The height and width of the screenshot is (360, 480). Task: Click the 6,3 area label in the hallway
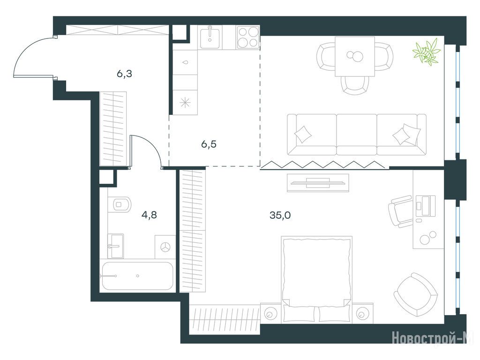(x=124, y=74)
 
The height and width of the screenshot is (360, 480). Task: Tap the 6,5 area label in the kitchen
(x=209, y=144)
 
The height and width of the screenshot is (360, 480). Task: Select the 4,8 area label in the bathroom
(x=149, y=215)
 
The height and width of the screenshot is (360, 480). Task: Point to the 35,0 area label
(x=280, y=216)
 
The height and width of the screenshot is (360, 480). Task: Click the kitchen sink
(x=210, y=37)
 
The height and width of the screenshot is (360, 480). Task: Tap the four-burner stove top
(x=248, y=37)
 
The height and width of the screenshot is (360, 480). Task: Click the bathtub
(x=137, y=276)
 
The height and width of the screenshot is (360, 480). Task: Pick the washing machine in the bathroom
(x=165, y=247)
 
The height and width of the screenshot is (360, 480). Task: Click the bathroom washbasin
(x=115, y=246)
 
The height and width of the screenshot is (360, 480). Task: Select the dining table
(x=355, y=56)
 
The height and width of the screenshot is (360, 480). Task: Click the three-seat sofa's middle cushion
(x=357, y=135)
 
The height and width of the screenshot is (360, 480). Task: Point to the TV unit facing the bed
(x=318, y=183)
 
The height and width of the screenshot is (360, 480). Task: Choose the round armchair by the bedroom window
(x=415, y=295)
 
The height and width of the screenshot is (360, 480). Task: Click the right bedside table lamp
(x=362, y=314)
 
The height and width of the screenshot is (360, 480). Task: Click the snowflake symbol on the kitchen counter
(x=185, y=103)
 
